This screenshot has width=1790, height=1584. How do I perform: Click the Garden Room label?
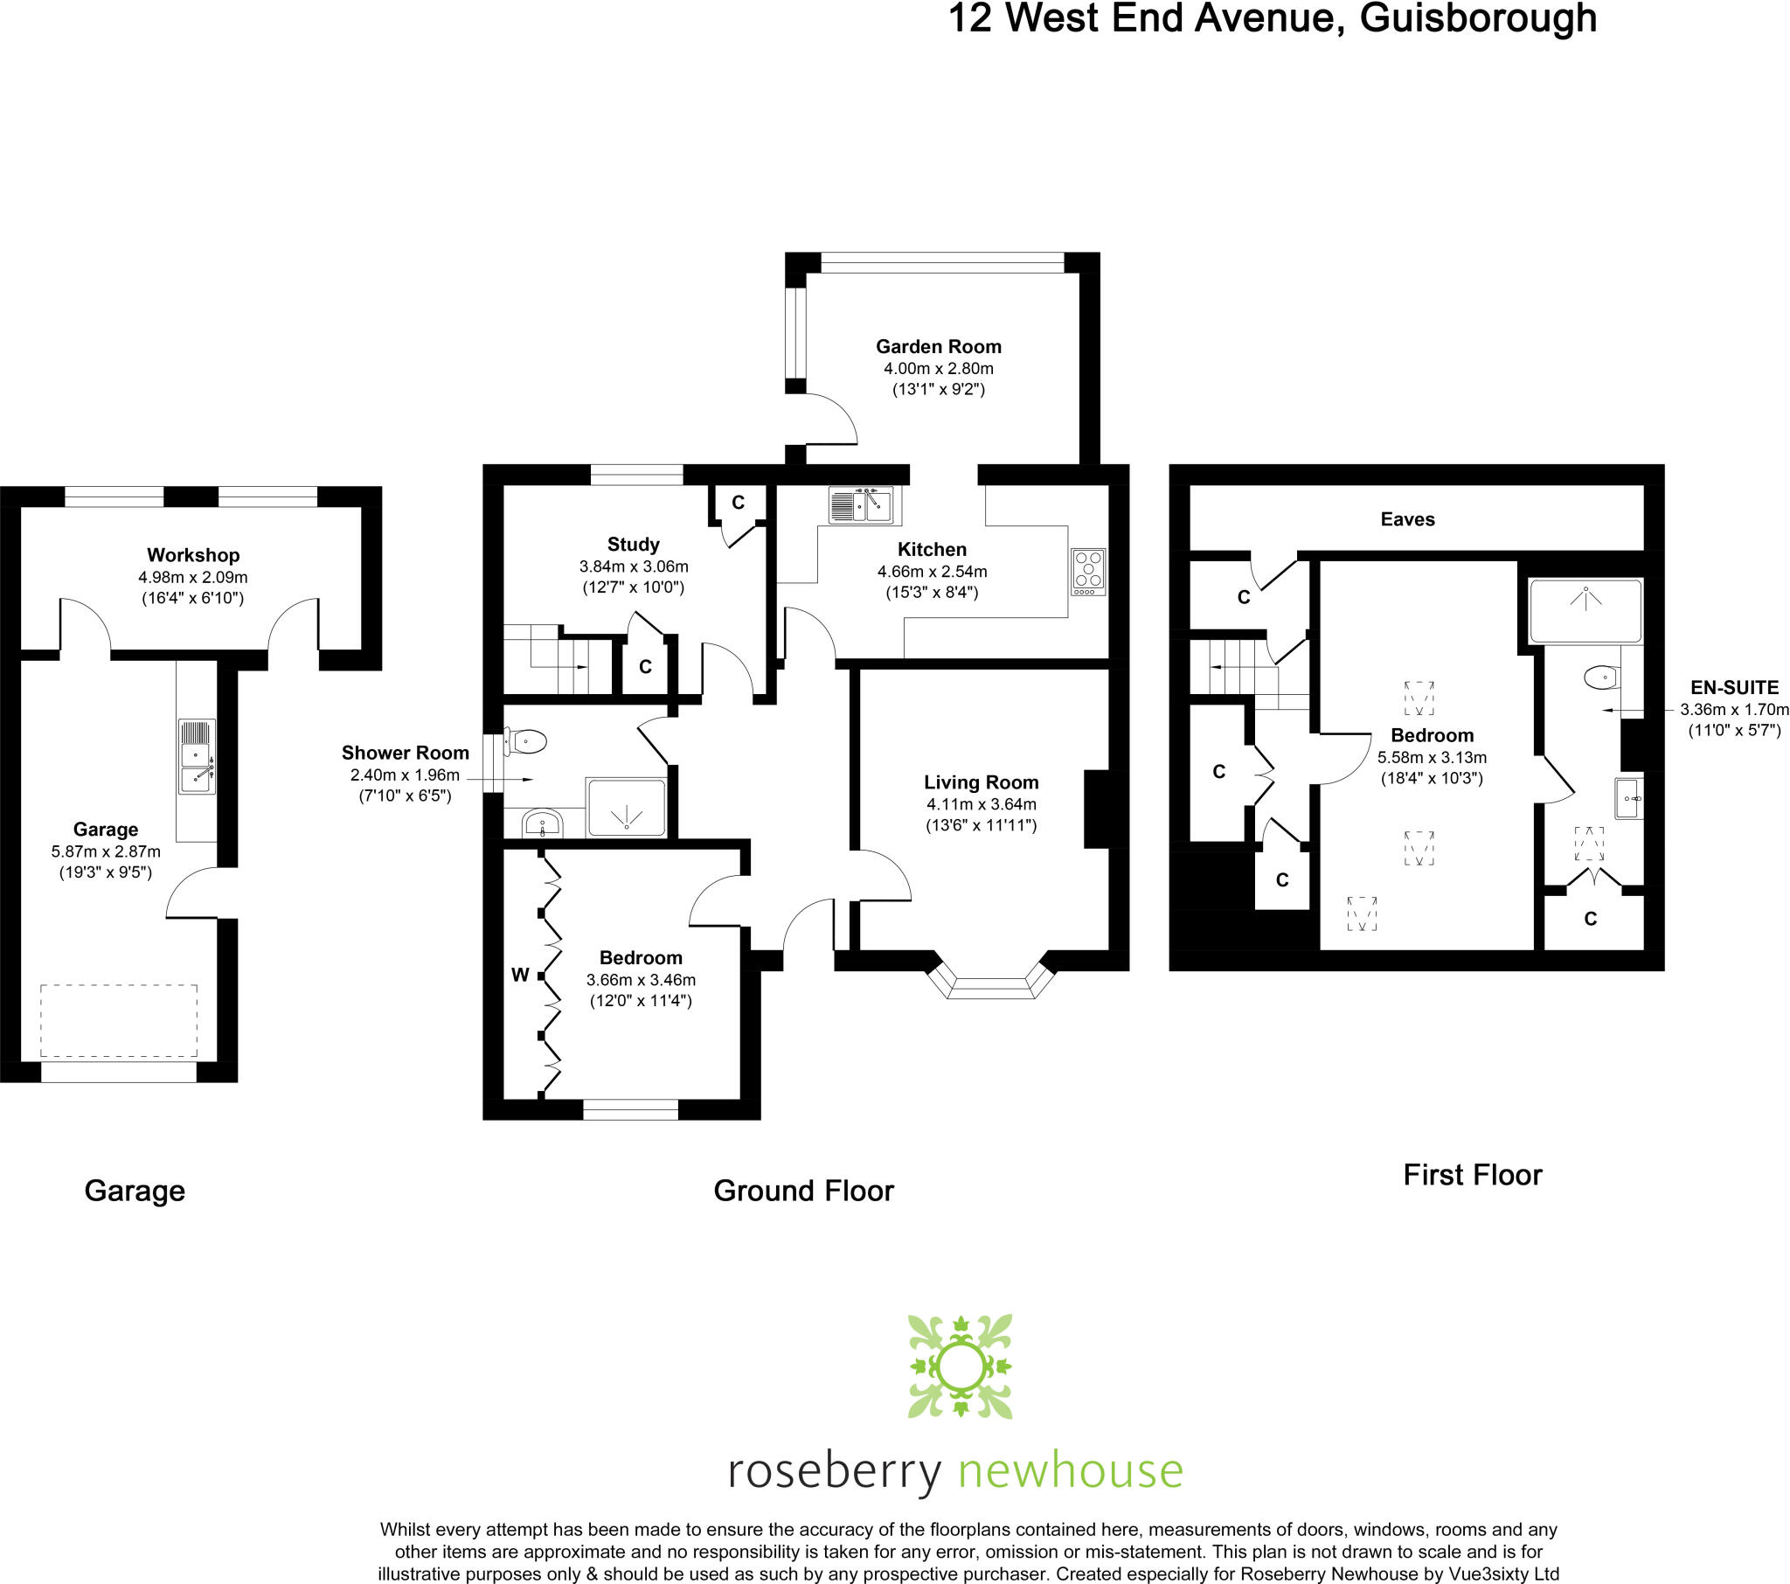[x=938, y=347]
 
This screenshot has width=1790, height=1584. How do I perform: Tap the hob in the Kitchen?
[x=1087, y=572]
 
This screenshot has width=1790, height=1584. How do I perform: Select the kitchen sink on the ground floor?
[x=861, y=504]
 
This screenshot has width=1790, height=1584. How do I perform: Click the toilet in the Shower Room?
[x=525, y=741]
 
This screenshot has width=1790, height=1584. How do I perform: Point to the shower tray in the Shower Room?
[x=626, y=807]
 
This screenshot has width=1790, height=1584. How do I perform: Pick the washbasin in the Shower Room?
[x=542, y=823]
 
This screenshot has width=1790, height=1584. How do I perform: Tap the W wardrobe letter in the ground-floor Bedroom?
[x=520, y=975]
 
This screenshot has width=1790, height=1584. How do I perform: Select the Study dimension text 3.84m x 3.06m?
[x=633, y=566]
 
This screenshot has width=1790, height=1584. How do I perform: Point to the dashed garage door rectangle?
[x=118, y=1021]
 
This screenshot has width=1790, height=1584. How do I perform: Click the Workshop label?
[x=192, y=555]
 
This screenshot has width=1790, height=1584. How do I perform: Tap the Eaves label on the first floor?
[x=1407, y=519]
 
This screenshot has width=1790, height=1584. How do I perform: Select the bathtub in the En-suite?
[x=1585, y=611]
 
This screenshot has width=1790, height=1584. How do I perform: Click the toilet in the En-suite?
[x=1602, y=677]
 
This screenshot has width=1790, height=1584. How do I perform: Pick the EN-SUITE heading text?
[x=1734, y=688]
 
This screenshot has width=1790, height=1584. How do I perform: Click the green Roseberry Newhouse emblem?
[x=960, y=1365]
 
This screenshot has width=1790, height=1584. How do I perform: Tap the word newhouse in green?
[x=1070, y=1469]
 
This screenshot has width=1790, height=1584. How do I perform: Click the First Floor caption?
[x=1472, y=1175]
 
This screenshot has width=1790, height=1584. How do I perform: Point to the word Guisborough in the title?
[x=1477, y=19]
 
